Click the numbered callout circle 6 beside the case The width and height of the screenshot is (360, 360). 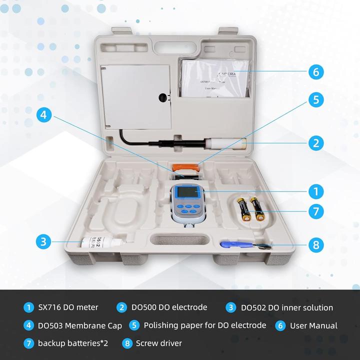click(x=315, y=71)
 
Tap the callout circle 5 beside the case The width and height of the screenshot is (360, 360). click(x=315, y=99)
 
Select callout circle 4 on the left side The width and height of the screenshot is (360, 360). click(x=44, y=115)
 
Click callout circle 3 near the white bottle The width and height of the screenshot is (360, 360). click(x=44, y=242)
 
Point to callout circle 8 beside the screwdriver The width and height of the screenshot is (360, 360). click(x=315, y=245)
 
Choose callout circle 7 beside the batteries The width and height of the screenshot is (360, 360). click(x=315, y=211)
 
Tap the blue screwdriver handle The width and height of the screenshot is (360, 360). click(x=230, y=244)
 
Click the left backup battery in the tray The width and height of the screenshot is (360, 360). click(x=244, y=209)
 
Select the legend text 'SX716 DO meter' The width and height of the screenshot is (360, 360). click(x=68, y=307)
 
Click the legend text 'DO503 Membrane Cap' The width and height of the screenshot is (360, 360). click(x=80, y=325)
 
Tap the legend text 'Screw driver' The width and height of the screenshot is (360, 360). click(x=159, y=343)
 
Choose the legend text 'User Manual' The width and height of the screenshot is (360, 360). click(x=313, y=325)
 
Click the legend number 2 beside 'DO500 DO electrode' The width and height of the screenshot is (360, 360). click(x=121, y=307)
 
